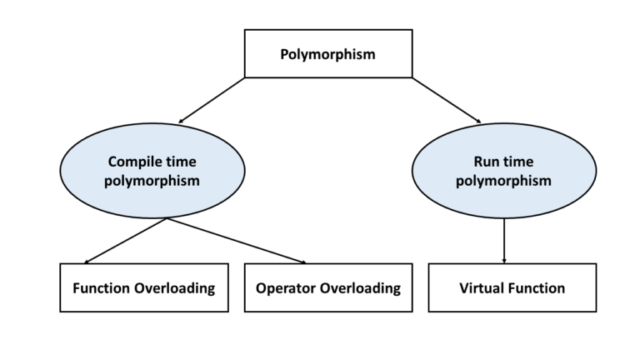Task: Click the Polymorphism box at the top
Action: point(327,54)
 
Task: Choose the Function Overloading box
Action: point(144,288)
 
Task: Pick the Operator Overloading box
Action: point(328,288)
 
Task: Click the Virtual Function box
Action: point(512,288)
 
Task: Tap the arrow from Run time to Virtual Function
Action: point(504,242)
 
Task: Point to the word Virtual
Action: point(482,288)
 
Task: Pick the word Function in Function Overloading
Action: point(102,288)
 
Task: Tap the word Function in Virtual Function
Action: point(538,288)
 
